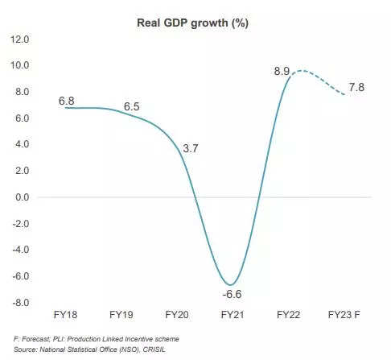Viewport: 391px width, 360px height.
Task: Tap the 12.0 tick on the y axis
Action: click(x=20, y=39)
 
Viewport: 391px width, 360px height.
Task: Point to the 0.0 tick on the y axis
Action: click(x=22, y=197)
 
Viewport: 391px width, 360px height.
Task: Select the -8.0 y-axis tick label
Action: click(x=20, y=303)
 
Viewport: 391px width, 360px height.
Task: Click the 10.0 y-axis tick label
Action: click(x=20, y=65)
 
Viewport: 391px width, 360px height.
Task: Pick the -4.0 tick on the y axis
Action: click(x=20, y=250)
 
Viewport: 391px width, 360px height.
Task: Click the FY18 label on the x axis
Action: click(x=67, y=314)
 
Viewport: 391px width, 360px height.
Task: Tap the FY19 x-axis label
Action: click(x=122, y=314)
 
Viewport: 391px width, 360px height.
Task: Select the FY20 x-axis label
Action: click(x=177, y=314)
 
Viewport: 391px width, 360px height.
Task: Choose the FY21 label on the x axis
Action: click(x=233, y=314)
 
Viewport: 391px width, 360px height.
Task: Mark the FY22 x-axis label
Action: click(x=288, y=314)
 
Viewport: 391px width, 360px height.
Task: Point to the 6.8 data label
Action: click(x=67, y=101)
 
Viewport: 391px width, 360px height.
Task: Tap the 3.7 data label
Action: click(x=191, y=149)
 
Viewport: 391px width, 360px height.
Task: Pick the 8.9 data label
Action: click(x=282, y=72)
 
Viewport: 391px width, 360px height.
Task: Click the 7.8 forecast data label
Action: click(x=356, y=87)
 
